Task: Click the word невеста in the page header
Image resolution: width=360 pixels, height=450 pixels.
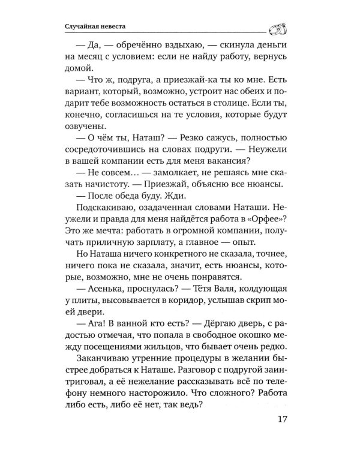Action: click(x=115, y=26)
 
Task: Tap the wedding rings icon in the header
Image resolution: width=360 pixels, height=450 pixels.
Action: click(x=278, y=26)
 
